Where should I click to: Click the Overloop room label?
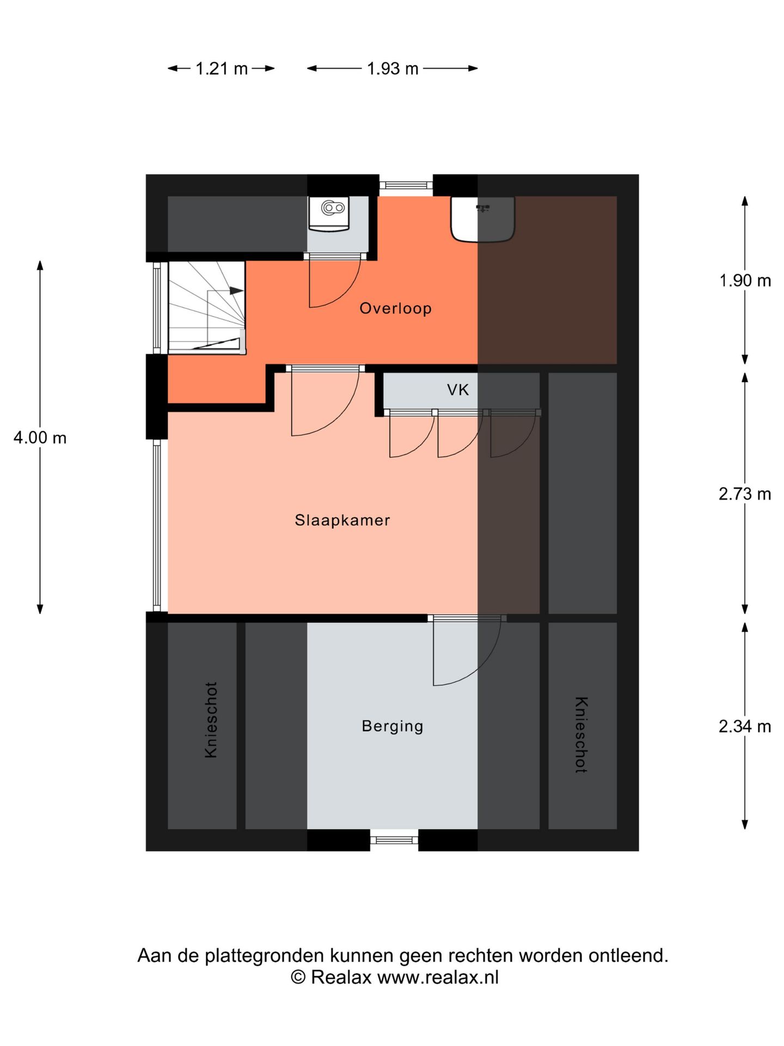395,308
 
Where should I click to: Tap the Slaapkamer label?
342,520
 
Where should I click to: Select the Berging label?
392,726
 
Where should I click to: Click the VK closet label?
458,390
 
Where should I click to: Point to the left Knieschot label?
211,720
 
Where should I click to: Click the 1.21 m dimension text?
221,69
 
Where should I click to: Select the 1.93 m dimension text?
392,69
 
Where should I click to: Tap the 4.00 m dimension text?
40,437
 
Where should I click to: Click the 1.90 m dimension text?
745,281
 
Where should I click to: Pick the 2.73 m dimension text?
745,494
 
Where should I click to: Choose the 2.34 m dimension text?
745,726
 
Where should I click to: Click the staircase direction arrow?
235,291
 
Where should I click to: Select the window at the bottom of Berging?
394,840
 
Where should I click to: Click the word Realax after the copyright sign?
341,977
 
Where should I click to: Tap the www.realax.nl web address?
438,977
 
